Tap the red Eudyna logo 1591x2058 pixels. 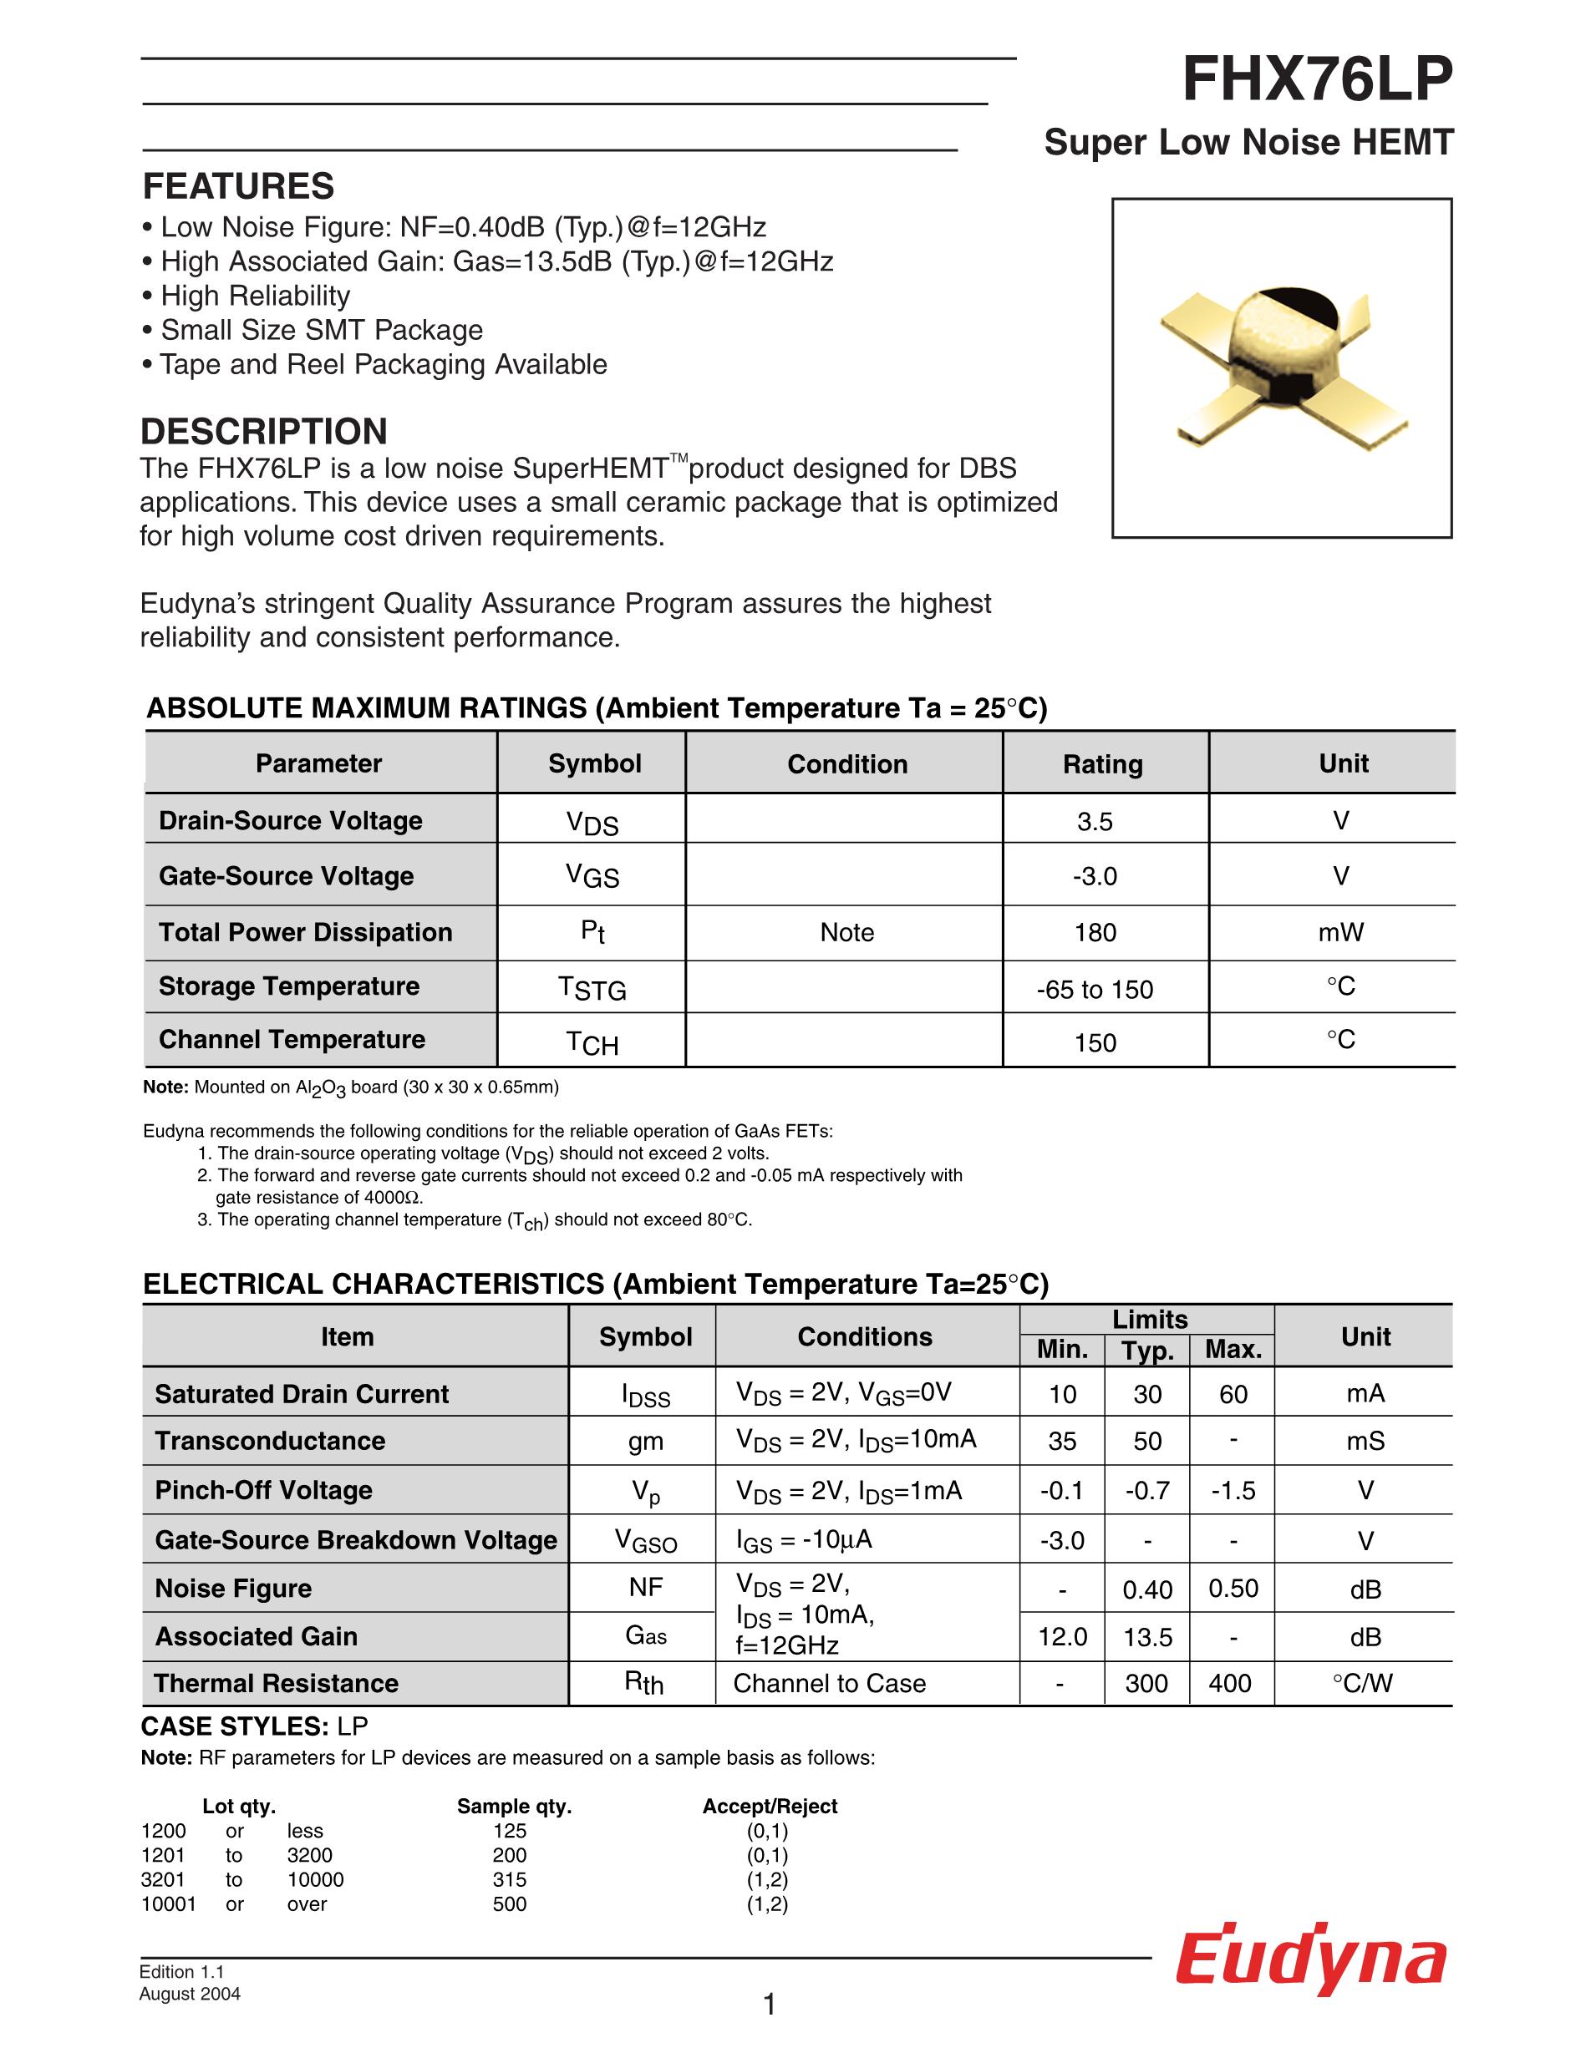point(1310,1961)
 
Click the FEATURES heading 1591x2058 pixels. point(238,186)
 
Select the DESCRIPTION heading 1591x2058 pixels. point(264,432)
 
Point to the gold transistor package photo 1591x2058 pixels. point(1282,368)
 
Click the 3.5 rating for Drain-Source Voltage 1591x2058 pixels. point(1095,822)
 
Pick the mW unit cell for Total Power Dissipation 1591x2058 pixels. point(1340,933)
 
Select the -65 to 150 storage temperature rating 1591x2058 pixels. point(1095,990)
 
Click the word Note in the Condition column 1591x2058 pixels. point(846,933)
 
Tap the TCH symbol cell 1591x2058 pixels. point(592,1042)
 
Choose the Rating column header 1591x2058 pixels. point(1103,764)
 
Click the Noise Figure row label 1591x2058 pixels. point(233,1589)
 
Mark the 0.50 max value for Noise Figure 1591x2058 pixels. point(1233,1589)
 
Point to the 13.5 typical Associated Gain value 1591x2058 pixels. point(1147,1638)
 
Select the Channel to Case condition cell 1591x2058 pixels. point(830,1684)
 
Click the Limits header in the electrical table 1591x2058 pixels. point(1149,1319)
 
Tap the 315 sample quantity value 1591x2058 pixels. point(510,1880)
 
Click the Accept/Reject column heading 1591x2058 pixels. point(769,1807)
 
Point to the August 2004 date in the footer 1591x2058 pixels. point(190,1994)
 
